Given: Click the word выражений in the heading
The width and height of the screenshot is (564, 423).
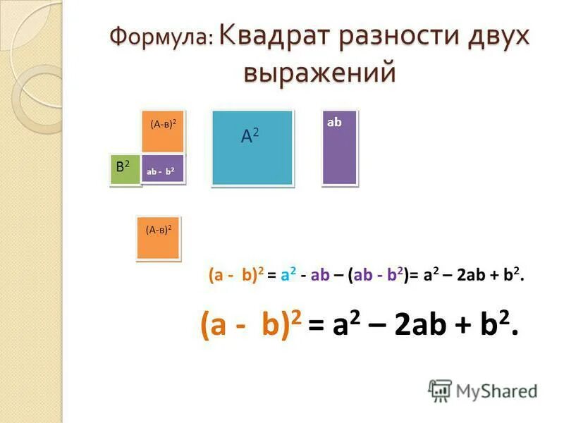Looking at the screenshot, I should tap(319, 73).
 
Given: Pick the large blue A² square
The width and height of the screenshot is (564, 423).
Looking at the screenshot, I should tap(252, 147).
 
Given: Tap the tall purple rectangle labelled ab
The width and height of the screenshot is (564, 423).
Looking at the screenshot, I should tap(339, 147).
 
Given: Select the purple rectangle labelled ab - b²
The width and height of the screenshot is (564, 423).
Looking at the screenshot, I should tap(162, 169).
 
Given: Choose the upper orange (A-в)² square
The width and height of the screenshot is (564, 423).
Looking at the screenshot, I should tap(162, 132).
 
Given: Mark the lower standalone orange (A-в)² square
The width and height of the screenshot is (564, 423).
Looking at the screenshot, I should tap(158, 238).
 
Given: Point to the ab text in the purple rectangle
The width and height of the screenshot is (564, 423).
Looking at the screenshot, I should tap(334, 122).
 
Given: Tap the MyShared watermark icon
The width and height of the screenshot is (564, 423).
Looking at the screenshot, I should tap(440, 391).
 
